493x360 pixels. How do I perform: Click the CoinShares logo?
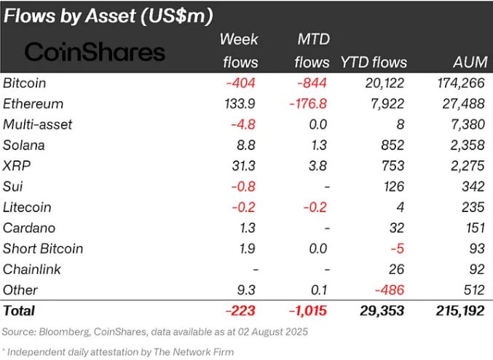coord(95,52)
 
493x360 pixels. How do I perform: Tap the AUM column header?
coord(470,62)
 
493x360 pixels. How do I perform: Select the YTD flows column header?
coord(374,63)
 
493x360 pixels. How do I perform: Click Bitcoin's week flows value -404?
coord(240,83)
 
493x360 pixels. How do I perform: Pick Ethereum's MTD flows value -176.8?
coord(308,103)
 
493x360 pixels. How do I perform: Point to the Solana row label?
coord(24,146)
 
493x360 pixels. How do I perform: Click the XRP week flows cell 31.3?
coord(244,166)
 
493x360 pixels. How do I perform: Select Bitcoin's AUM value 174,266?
coord(461,83)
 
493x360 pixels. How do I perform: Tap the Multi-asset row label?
coord(37,125)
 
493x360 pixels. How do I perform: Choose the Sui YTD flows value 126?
coord(394,187)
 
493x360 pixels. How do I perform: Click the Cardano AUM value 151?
coord(475,228)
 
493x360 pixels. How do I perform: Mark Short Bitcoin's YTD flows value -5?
coord(398,249)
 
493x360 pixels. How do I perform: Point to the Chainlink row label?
coord(32,270)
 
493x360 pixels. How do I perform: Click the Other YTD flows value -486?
coord(390,290)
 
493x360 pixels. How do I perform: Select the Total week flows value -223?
coord(240,311)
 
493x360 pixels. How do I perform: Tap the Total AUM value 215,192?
coord(460,311)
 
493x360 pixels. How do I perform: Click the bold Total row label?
coord(19,311)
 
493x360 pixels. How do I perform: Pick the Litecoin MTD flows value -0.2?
coord(315,208)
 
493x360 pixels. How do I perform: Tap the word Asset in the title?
coord(111,16)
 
